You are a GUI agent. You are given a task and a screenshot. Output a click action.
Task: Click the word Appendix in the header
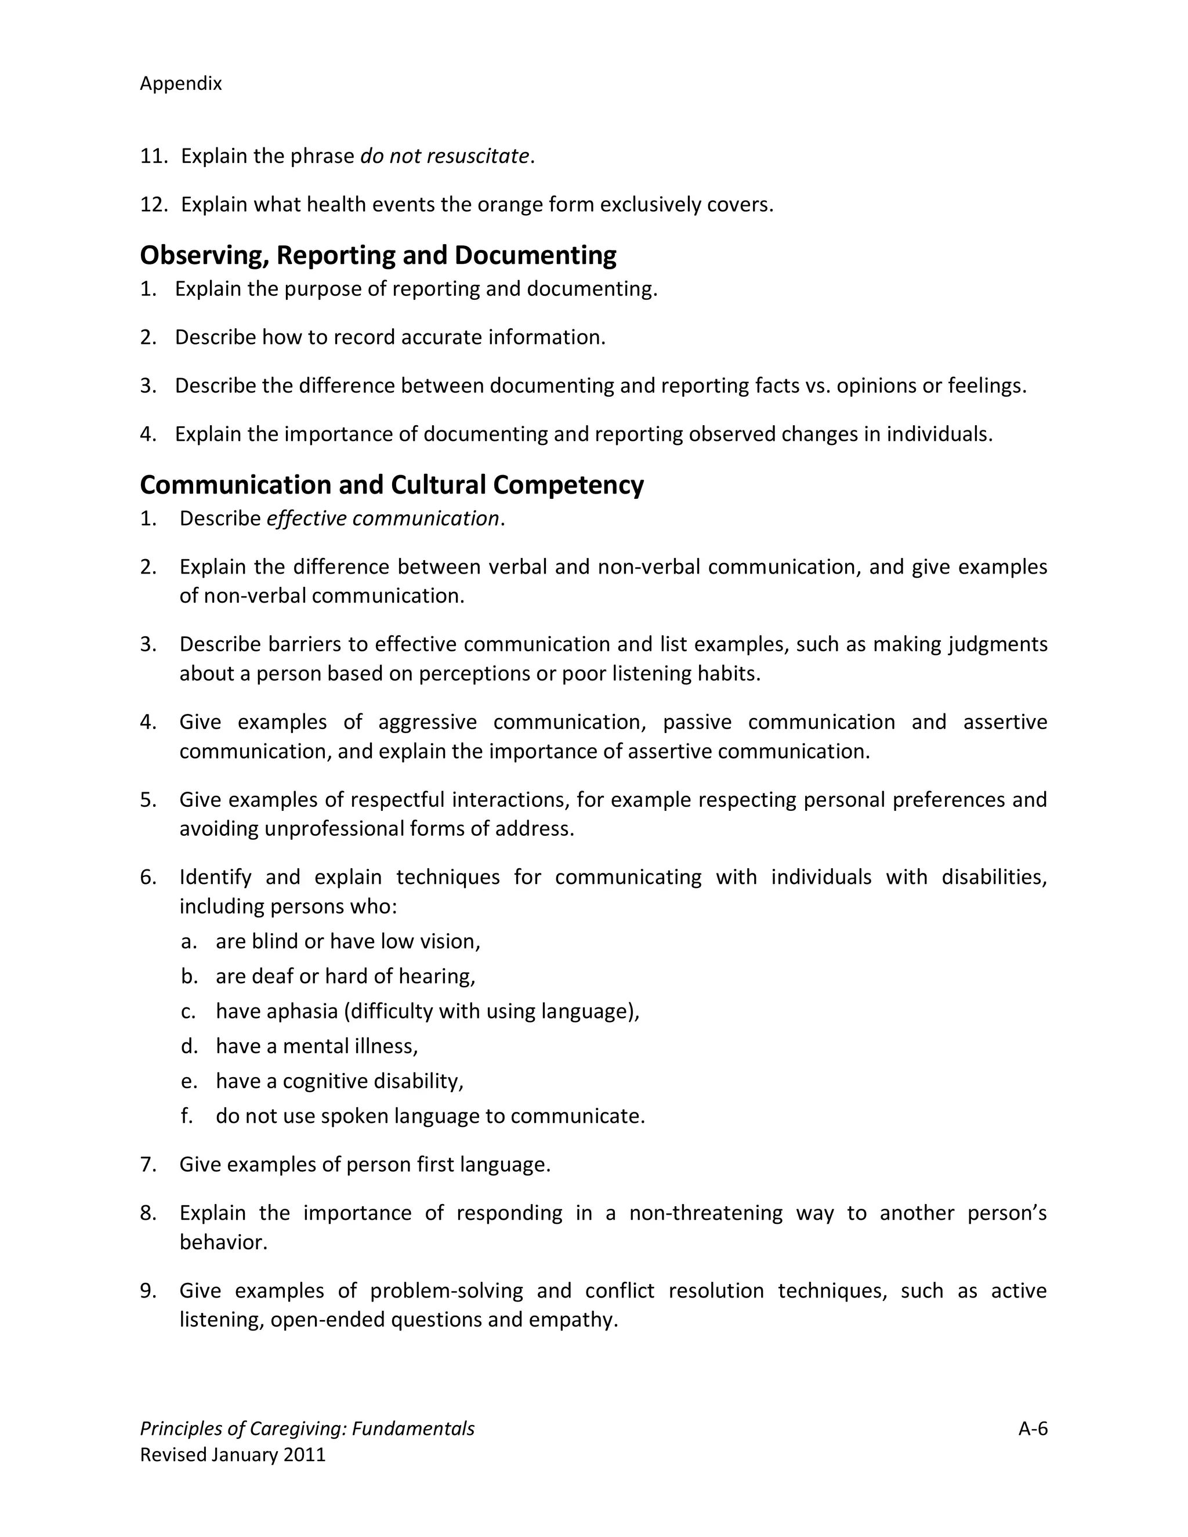(181, 84)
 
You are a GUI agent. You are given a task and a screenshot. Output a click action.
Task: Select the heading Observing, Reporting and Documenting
(378, 255)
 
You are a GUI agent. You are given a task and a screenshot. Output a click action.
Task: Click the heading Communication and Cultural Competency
(392, 485)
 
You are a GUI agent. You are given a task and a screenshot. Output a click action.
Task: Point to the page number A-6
(1033, 1428)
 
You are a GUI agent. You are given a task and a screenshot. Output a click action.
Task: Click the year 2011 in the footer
(304, 1454)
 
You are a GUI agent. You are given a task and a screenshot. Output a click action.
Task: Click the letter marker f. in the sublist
(187, 1115)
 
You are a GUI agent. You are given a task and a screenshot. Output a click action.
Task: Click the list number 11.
(153, 155)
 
